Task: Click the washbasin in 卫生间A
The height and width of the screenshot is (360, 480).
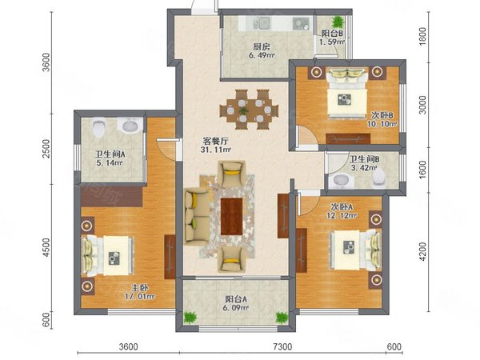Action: point(131,125)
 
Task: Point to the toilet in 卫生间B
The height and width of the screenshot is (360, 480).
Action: point(379,178)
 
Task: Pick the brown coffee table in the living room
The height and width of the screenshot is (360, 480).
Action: point(232,217)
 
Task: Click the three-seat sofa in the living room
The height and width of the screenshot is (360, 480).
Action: point(198,217)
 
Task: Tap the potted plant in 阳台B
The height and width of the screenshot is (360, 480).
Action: point(338,22)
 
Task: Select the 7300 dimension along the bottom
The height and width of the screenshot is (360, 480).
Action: point(282,347)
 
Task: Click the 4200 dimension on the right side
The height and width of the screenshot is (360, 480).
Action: point(422,252)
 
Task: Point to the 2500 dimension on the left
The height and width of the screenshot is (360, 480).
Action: point(46,149)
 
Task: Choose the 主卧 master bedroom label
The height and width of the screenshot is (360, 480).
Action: point(140,288)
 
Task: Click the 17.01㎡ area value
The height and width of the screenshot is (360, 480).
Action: point(139,296)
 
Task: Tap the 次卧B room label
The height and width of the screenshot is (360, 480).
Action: point(382,115)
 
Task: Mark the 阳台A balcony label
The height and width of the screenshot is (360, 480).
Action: point(236,299)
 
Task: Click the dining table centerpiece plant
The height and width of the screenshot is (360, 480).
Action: point(243,110)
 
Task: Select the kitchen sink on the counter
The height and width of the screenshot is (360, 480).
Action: point(262,23)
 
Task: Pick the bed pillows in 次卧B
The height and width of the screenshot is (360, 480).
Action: point(347,74)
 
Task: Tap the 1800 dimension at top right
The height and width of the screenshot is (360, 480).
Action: point(422,37)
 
